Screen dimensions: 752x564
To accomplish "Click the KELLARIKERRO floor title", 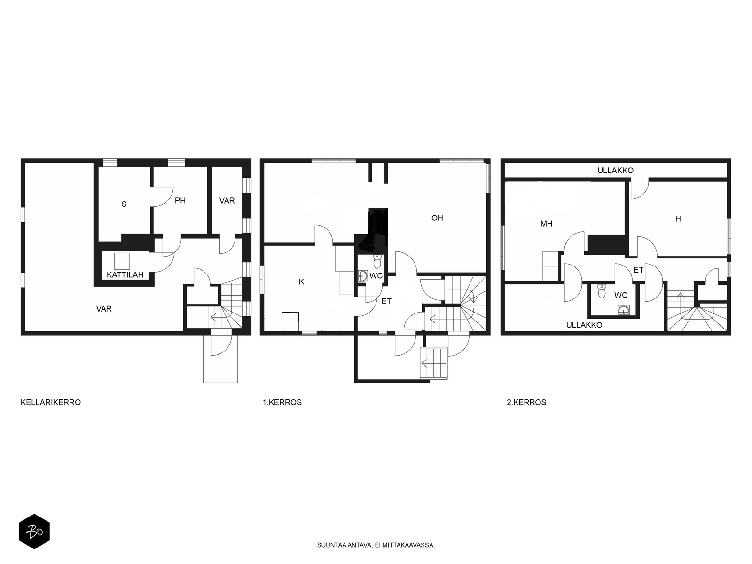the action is tap(51, 402).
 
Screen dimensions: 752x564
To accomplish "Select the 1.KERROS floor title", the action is tap(282, 402).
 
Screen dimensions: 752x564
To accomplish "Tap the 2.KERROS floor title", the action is tap(526, 402).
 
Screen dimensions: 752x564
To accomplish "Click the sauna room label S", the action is tap(124, 204).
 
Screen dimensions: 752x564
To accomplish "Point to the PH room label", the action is tap(180, 201).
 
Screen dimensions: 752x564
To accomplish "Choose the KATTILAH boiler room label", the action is tap(125, 274).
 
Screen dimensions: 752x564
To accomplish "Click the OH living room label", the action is tap(437, 218).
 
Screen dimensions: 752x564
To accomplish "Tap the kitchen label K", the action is tap(301, 282).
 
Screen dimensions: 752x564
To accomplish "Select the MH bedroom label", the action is tap(547, 224).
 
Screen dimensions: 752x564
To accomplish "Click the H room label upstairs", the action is tap(678, 219).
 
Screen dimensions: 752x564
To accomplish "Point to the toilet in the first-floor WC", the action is tap(377, 261).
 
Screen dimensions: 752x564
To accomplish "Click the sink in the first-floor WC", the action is tap(362, 276).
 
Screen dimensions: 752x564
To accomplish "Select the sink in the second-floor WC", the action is tap(624, 310).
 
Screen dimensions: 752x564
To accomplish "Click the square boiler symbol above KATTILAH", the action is tap(122, 261).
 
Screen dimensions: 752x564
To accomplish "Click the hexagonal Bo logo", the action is tap(34, 532).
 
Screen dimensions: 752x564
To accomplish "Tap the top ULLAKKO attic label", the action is tap(615, 170).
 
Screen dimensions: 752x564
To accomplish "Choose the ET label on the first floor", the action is tap(386, 301).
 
